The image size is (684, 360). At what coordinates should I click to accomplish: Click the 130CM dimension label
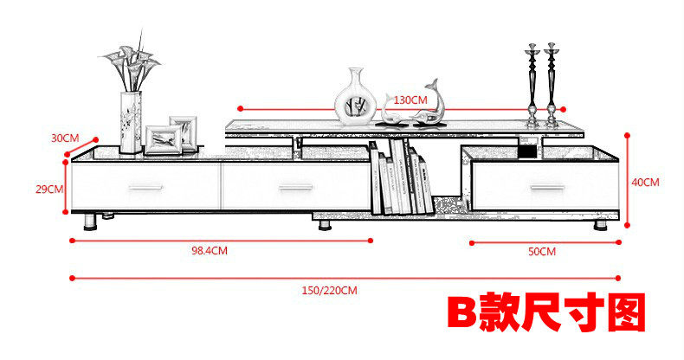pyautogui.click(x=410, y=100)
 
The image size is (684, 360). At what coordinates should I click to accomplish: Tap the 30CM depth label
pyautogui.click(x=65, y=138)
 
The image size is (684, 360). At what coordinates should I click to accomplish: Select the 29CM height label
pyautogui.click(x=50, y=189)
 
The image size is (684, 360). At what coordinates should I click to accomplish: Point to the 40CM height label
pyautogui.click(x=645, y=183)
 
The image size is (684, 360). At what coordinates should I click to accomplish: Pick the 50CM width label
pyautogui.click(x=542, y=251)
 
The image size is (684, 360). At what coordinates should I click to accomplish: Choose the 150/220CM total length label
pyautogui.click(x=329, y=290)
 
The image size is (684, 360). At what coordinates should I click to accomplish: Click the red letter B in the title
pyautogui.click(x=463, y=313)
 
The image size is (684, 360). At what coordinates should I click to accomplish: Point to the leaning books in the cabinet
pyautogui.click(x=402, y=179)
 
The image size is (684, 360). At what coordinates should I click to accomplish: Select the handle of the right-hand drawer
pyautogui.click(x=545, y=188)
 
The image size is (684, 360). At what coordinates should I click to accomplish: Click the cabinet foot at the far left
pyautogui.click(x=90, y=223)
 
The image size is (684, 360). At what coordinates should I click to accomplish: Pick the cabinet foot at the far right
pyautogui.click(x=599, y=225)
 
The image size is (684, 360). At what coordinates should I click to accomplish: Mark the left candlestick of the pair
pyautogui.click(x=532, y=85)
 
